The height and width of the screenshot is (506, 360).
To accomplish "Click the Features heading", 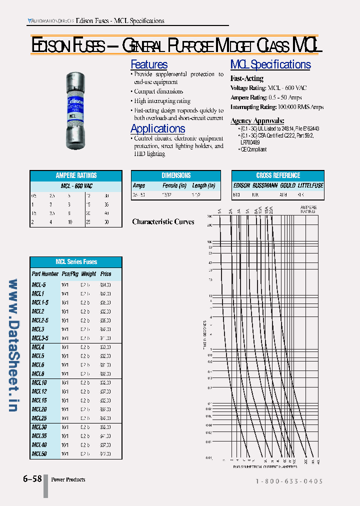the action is click(x=149, y=64).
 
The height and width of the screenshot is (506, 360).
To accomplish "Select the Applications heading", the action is click(x=157, y=128).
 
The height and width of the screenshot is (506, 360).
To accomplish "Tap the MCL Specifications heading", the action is click(x=270, y=64).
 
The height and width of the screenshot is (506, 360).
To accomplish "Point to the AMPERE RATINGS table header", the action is click(x=76, y=175).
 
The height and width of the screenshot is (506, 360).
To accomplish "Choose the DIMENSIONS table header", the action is click(x=176, y=175).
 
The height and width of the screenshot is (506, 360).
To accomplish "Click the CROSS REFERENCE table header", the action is click(x=278, y=175).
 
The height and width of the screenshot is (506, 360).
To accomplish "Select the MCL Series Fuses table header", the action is click(x=76, y=262).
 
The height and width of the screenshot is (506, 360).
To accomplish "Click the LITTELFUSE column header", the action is click(x=310, y=185).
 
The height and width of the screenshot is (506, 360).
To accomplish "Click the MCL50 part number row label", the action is click(x=39, y=454).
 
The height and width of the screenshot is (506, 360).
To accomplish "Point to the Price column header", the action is click(x=105, y=274).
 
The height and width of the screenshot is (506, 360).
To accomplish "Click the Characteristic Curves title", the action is click(x=163, y=221).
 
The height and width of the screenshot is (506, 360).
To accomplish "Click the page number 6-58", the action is click(x=32, y=479).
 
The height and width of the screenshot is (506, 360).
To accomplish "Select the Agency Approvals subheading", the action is click(x=257, y=120).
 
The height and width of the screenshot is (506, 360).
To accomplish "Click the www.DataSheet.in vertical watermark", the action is click(x=13, y=345).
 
